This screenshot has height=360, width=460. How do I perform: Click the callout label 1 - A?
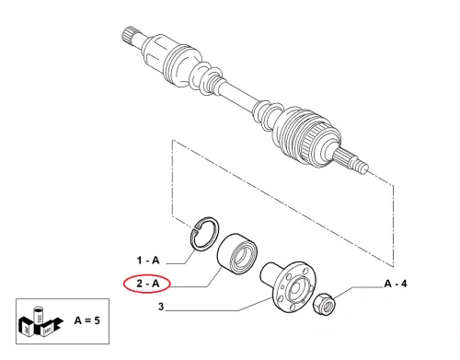pos(148,261)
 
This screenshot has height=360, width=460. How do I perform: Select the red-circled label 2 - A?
pos(148,284)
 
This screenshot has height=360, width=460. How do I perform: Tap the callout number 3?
pos(161,307)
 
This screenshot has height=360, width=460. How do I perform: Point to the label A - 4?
pos(396,284)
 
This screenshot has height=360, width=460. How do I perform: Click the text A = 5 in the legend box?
pos(87,320)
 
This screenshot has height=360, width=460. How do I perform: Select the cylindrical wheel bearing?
pos(237,251)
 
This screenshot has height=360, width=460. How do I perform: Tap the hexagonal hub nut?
pos(325,305)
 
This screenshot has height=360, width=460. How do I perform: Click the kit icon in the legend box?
pos(40,321)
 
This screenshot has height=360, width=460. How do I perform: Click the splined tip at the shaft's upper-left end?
pos(128,35)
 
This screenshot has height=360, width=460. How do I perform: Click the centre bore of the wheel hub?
pos(295,288)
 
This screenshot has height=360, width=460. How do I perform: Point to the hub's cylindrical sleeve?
pos(270,273)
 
